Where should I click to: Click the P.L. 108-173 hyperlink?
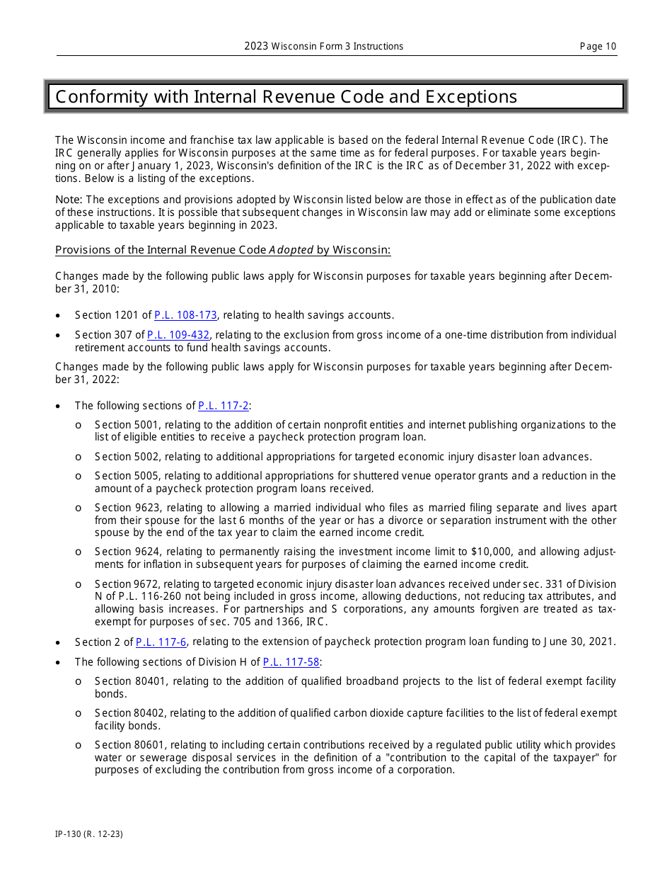coord(185,315)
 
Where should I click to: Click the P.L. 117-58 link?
coord(291,662)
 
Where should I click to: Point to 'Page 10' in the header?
coord(598,47)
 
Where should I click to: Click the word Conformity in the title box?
coord(100,97)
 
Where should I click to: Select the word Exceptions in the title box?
coord(471,97)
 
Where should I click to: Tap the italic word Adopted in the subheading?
coord(291,250)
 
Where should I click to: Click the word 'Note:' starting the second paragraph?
coord(69,200)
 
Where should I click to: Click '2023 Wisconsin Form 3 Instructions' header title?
coord(324,47)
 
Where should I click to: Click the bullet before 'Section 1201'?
coord(58,316)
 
